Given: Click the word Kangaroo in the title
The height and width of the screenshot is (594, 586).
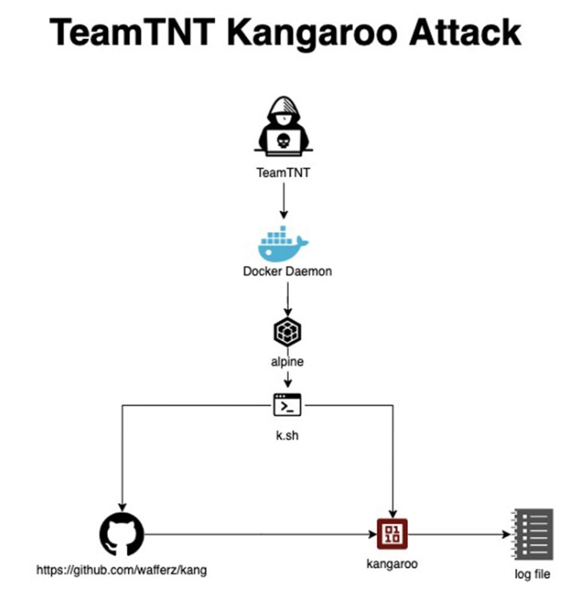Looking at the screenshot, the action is [x=312, y=33].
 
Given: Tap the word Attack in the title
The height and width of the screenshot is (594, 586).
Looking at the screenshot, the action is [x=465, y=33].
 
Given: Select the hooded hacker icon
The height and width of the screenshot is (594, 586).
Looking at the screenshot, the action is [x=283, y=126].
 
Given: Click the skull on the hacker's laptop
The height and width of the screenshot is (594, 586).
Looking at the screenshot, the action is [x=283, y=141].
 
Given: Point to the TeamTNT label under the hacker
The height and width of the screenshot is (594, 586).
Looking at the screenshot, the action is [x=283, y=173].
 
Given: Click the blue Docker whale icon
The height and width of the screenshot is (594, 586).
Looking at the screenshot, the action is [x=283, y=243].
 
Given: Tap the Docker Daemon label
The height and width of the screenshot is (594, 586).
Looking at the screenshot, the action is [x=288, y=271].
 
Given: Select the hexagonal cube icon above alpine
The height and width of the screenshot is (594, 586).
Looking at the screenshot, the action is [x=288, y=332].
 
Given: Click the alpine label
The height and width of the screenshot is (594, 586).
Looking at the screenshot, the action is [x=287, y=362].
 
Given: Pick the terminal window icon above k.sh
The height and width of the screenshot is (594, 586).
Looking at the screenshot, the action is [x=288, y=405].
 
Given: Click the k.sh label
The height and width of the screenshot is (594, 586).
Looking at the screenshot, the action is [x=287, y=435].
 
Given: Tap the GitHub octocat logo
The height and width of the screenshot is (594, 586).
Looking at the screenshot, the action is [x=122, y=534].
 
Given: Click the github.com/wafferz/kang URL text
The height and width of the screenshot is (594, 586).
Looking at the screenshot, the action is [x=122, y=570].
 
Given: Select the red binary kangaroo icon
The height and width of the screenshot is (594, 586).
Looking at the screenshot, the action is [x=392, y=534].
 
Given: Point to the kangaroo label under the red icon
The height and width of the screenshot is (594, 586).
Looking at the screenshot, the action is [x=392, y=564].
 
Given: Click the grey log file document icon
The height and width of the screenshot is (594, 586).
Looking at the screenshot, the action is [x=532, y=534].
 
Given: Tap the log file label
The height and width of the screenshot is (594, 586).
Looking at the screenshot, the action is [x=532, y=574].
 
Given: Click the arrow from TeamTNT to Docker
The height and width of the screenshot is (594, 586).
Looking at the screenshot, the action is [x=283, y=201].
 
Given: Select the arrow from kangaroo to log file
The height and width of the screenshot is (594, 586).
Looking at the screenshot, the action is [x=459, y=534].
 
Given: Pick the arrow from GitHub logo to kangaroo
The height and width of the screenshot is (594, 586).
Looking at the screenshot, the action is [x=260, y=534].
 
